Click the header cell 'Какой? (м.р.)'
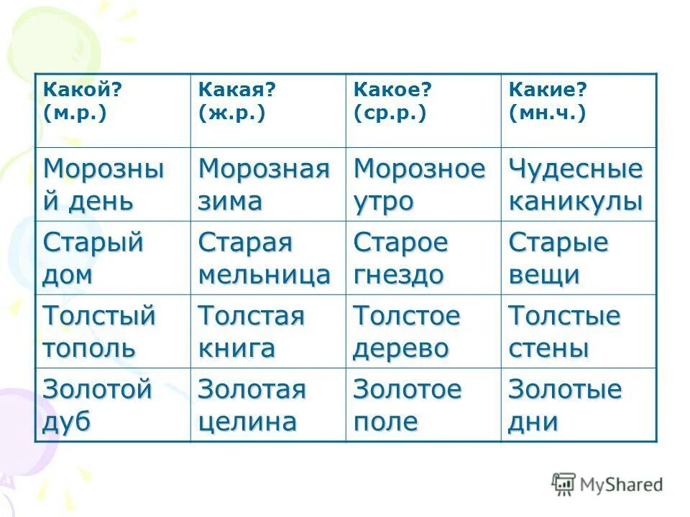point(113,110)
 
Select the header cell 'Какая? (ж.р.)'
point(267,110)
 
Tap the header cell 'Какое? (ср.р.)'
point(423,110)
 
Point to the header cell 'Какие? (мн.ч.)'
point(579,110)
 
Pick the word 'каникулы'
point(575,202)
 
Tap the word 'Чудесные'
point(575,170)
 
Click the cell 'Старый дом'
point(113,258)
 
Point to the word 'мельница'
point(264,275)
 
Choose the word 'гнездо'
point(398,275)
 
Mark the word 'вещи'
point(543,276)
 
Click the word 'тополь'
point(89,349)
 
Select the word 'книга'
point(236,349)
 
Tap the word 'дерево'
point(400,349)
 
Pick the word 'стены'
point(548,349)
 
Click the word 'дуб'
point(67,422)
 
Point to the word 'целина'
point(247,422)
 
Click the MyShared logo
point(607,485)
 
